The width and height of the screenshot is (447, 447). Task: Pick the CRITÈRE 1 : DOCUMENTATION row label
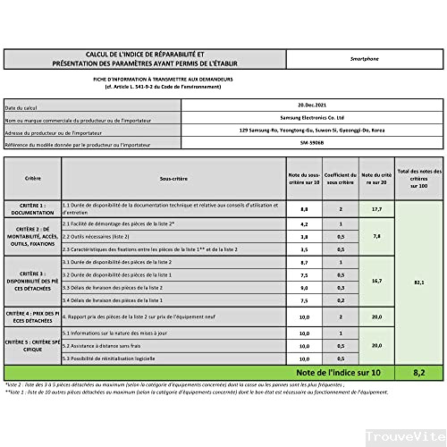point(32,209)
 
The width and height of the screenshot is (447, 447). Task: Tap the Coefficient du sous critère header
point(341,178)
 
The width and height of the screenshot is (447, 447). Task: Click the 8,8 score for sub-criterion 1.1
point(303,209)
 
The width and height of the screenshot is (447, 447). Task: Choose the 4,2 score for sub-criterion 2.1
point(303,223)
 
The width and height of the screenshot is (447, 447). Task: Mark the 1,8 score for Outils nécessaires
point(303,236)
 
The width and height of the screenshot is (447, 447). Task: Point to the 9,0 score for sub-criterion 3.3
point(303,289)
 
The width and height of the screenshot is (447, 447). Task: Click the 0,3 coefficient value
point(341,275)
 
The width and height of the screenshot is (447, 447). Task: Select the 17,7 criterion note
point(377,209)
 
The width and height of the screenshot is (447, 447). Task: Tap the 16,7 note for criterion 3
point(377,282)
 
